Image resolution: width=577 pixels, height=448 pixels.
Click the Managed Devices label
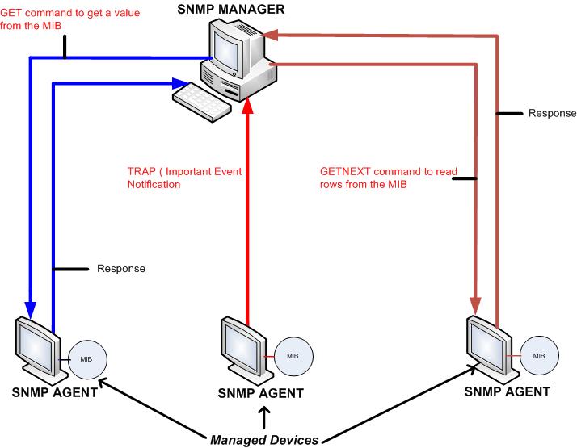click(x=264, y=440)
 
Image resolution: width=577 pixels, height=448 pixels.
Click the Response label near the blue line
click(x=120, y=268)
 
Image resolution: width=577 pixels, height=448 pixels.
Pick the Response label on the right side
click(x=552, y=114)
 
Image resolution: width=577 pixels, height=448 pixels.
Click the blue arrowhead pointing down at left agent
click(x=30, y=310)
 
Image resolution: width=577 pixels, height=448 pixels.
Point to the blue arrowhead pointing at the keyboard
click(x=177, y=82)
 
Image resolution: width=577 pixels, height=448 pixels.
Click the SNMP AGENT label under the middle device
click(x=261, y=393)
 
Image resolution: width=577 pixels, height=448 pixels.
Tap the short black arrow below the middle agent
click(x=263, y=416)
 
